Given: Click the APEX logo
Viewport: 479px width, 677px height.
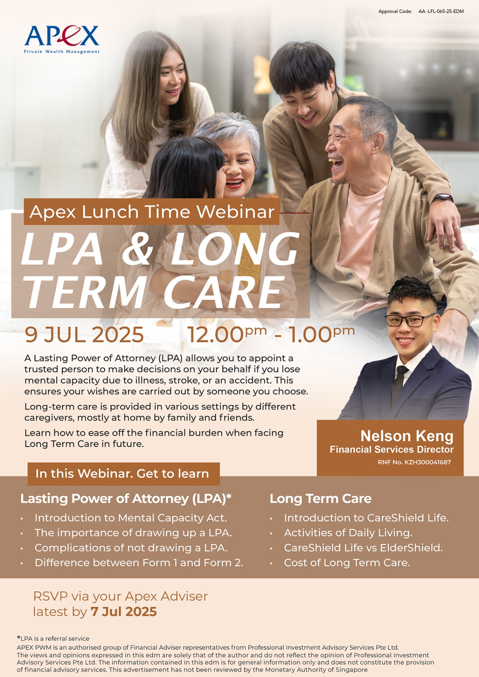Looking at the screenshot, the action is point(62,40).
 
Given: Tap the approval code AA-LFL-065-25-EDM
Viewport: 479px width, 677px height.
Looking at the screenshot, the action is point(441,11).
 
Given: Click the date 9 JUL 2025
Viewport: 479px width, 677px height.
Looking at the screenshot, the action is point(84,335).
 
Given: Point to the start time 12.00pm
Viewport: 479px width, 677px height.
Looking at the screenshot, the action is point(227,334).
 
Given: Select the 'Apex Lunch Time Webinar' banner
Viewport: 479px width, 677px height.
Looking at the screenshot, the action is point(152,212).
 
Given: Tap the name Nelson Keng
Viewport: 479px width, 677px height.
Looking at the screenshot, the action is point(407,436).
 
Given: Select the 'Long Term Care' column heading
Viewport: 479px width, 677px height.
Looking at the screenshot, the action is point(321,499).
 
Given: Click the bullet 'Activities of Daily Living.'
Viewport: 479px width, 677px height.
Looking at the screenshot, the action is point(348,533).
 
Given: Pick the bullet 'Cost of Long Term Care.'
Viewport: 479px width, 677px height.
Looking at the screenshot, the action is point(347,563).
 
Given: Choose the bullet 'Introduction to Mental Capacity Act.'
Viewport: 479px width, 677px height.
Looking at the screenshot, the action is point(131,518).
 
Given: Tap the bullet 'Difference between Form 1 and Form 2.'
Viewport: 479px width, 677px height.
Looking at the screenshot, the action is point(139,563).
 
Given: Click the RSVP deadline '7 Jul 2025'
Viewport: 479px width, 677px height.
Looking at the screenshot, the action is point(124,612).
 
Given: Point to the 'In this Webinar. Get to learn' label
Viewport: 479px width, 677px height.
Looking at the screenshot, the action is point(124,473).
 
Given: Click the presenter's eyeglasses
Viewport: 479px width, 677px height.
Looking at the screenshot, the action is point(410,320).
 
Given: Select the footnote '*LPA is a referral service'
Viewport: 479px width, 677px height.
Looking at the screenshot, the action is point(53,638).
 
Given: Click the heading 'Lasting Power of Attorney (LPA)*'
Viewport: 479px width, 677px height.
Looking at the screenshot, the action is point(126,499).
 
